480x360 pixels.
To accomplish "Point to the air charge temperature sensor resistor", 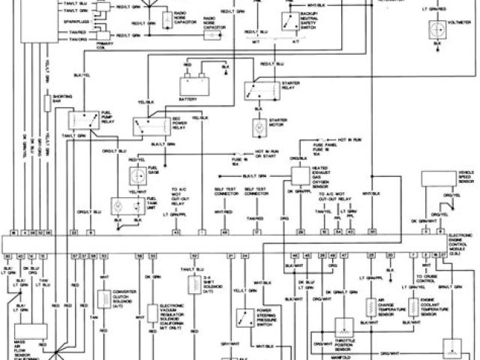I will [x=370, y=307].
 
